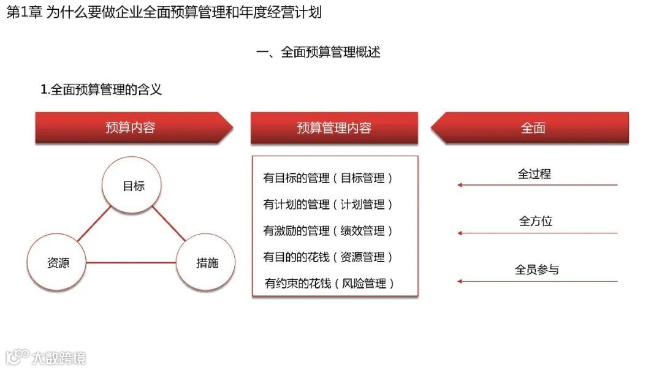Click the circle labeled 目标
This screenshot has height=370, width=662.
tap(133, 186)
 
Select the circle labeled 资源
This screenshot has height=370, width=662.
tap(58, 263)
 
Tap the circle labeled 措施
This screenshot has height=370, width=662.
tap(207, 263)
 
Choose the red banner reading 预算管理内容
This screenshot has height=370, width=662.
tap(334, 128)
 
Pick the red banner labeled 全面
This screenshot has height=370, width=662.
tap(533, 128)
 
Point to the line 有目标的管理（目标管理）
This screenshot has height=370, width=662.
tap(328, 178)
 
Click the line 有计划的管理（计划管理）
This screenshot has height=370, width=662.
tap(328, 205)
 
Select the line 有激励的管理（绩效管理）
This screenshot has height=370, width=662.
tap(328, 231)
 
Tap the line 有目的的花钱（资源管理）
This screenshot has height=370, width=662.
tap(328, 257)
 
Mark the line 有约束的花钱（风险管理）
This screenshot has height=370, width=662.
tap(329, 284)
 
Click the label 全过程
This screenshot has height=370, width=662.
tap(535, 174)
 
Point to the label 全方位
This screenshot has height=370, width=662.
tap(536, 221)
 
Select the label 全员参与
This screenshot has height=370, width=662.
tap(537, 270)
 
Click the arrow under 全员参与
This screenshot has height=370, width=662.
tap(537, 282)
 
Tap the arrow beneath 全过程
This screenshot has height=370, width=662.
tap(537, 184)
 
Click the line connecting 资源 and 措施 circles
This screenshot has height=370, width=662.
tap(131, 263)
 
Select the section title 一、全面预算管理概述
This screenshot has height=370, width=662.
tap(318, 52)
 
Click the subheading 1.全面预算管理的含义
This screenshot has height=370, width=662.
tap(101, 89)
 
